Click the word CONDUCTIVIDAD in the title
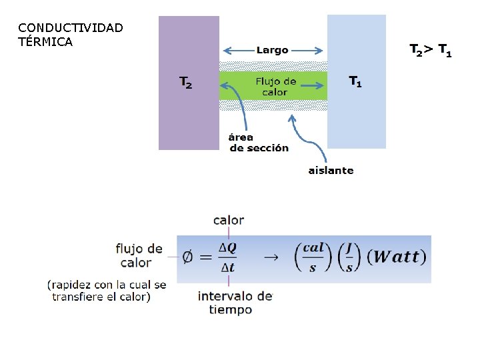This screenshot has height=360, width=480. [71, 28]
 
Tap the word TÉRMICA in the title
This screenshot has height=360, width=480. [45, 42]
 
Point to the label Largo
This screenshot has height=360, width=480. [272, 50]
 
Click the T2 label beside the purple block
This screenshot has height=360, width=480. [186, 83]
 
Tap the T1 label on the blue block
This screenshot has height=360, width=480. [356, 82]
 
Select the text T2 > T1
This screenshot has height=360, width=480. [430, 50]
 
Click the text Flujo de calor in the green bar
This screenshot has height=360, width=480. [275, 87]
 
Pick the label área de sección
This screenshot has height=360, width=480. [259, 143]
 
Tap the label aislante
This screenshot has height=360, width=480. [331, 170]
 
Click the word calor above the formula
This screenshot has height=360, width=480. [229, 220]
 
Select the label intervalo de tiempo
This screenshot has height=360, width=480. [235, 302]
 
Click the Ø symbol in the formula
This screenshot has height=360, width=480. [189, 257]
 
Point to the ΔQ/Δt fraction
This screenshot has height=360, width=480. [227, 256]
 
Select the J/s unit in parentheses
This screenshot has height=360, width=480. [346, 257]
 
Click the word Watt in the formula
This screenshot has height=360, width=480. [396, 257]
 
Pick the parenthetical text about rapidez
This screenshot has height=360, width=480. [107, 291]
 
